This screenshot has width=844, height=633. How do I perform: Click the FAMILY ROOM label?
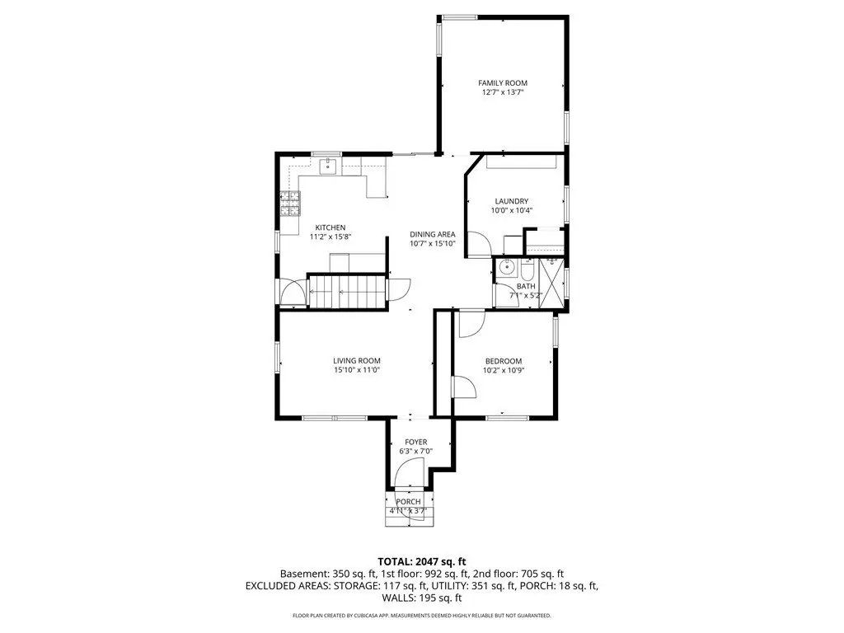[503, 83]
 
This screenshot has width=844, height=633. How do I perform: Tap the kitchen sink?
[328, 166]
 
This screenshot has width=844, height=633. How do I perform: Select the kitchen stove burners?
[289, 204]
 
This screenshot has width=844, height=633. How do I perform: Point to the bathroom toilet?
[527, 270]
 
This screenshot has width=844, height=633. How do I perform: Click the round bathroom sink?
[505, 266]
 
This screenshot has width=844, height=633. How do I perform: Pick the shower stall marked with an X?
[551, 284]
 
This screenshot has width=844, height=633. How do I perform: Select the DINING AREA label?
[432, 234]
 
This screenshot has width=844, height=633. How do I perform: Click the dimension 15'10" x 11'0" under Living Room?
[357, 370]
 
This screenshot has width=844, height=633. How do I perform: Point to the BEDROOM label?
[504, 361]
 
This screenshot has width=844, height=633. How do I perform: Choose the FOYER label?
[416, 442]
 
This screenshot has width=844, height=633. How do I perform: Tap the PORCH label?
[408, 502]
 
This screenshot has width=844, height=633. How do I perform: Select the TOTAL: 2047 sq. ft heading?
[421, 562]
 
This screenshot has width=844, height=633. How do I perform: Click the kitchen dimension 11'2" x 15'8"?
[330, 237]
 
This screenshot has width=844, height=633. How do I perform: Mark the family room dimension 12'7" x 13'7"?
[503, 92]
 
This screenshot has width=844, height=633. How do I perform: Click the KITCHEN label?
[330, 227]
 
